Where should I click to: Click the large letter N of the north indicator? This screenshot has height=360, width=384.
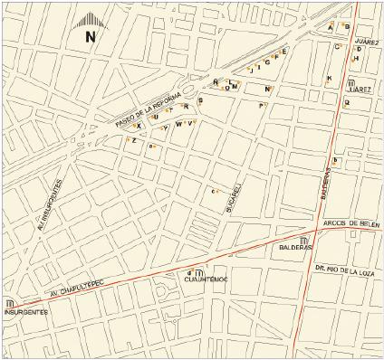(89, 37)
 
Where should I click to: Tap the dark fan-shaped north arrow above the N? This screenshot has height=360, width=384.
(89, 21)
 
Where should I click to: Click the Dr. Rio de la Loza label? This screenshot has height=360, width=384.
(345, 269)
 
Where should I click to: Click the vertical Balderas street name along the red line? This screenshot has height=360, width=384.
(323, 186)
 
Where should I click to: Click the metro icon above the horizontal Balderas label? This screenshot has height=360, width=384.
(305, 241)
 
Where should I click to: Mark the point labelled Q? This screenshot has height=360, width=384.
(346, 103)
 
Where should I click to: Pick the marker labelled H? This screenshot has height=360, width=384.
(357, 59)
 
